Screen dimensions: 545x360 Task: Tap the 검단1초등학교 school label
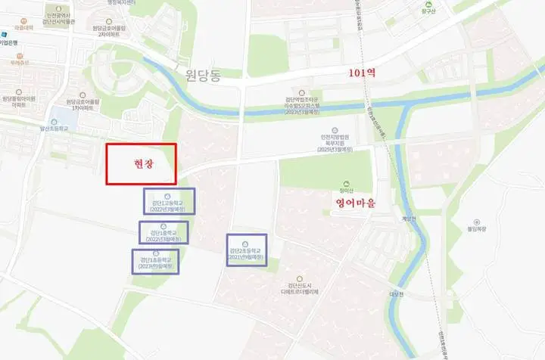(x=156, y=262)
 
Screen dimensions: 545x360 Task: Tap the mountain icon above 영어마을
(x=347, y=182)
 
